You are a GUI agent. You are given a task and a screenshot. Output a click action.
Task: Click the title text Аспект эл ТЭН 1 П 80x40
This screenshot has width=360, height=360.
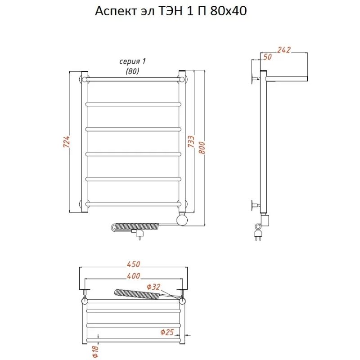coord(171,11)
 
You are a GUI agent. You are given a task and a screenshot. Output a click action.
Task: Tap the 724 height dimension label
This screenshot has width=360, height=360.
coord(66,141)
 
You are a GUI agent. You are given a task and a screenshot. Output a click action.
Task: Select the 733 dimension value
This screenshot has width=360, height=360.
coord(191,141)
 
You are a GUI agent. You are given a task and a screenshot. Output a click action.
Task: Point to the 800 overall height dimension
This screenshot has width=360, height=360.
coord(202,148)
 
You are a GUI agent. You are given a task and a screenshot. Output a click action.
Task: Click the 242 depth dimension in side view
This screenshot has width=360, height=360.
coord(284,50)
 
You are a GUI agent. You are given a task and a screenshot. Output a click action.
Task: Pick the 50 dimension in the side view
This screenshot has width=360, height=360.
coord(267,57)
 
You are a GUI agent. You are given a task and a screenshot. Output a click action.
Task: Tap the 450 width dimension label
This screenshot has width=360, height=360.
coord(133,264)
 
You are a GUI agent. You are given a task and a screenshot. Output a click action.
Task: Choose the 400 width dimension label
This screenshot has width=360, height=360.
coord(133,276)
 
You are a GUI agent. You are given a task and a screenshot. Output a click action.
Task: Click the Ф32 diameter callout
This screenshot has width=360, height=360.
coord(153,287)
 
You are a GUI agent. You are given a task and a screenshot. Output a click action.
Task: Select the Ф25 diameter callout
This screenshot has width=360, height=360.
coord(167,332)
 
